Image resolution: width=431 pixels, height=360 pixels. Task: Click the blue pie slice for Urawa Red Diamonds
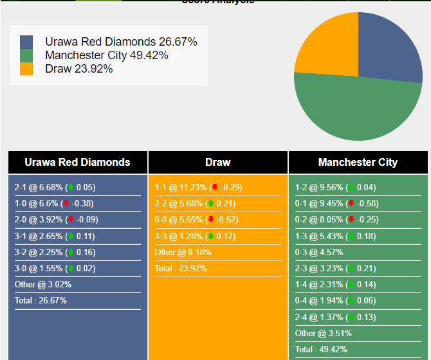point(390,48)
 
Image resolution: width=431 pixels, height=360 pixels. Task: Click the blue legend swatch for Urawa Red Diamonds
point(26,42)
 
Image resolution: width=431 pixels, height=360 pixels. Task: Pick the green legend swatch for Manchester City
point(26,55)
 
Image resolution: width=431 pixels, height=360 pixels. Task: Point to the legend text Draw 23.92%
point(78,69)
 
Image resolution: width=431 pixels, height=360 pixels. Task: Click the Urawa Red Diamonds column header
point(77,162)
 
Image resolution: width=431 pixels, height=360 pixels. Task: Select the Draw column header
point(218,162)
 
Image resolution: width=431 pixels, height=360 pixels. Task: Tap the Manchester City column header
point(358,162)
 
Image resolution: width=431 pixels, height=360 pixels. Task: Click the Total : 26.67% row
point(41,300)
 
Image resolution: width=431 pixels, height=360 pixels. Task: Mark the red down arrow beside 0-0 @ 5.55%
point(210,220)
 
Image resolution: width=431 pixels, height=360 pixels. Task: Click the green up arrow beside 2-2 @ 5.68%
point(210,204)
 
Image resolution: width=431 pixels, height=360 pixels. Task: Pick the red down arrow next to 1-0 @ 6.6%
point(66,204)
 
